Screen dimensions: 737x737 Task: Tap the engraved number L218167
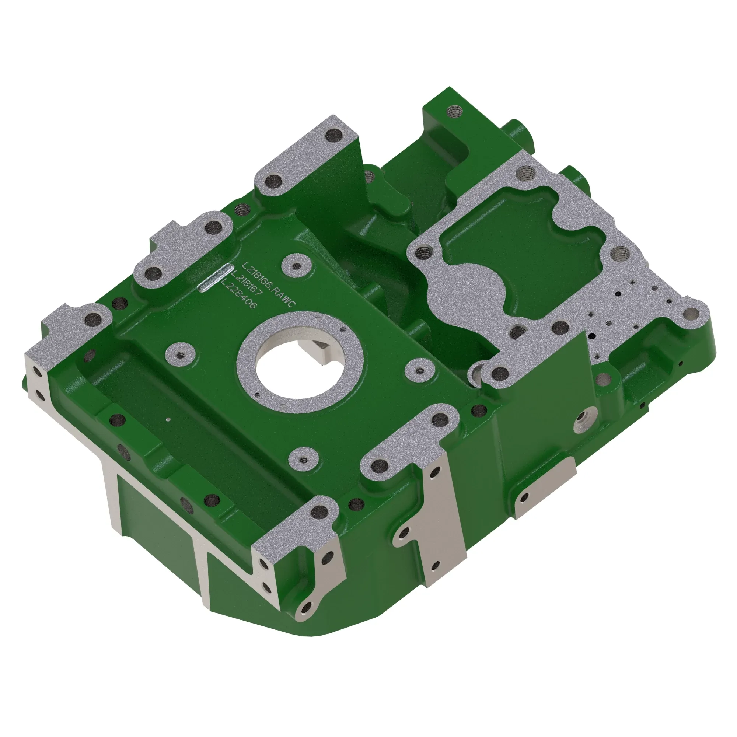coord(247,286)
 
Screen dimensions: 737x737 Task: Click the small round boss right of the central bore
coord(420,370)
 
